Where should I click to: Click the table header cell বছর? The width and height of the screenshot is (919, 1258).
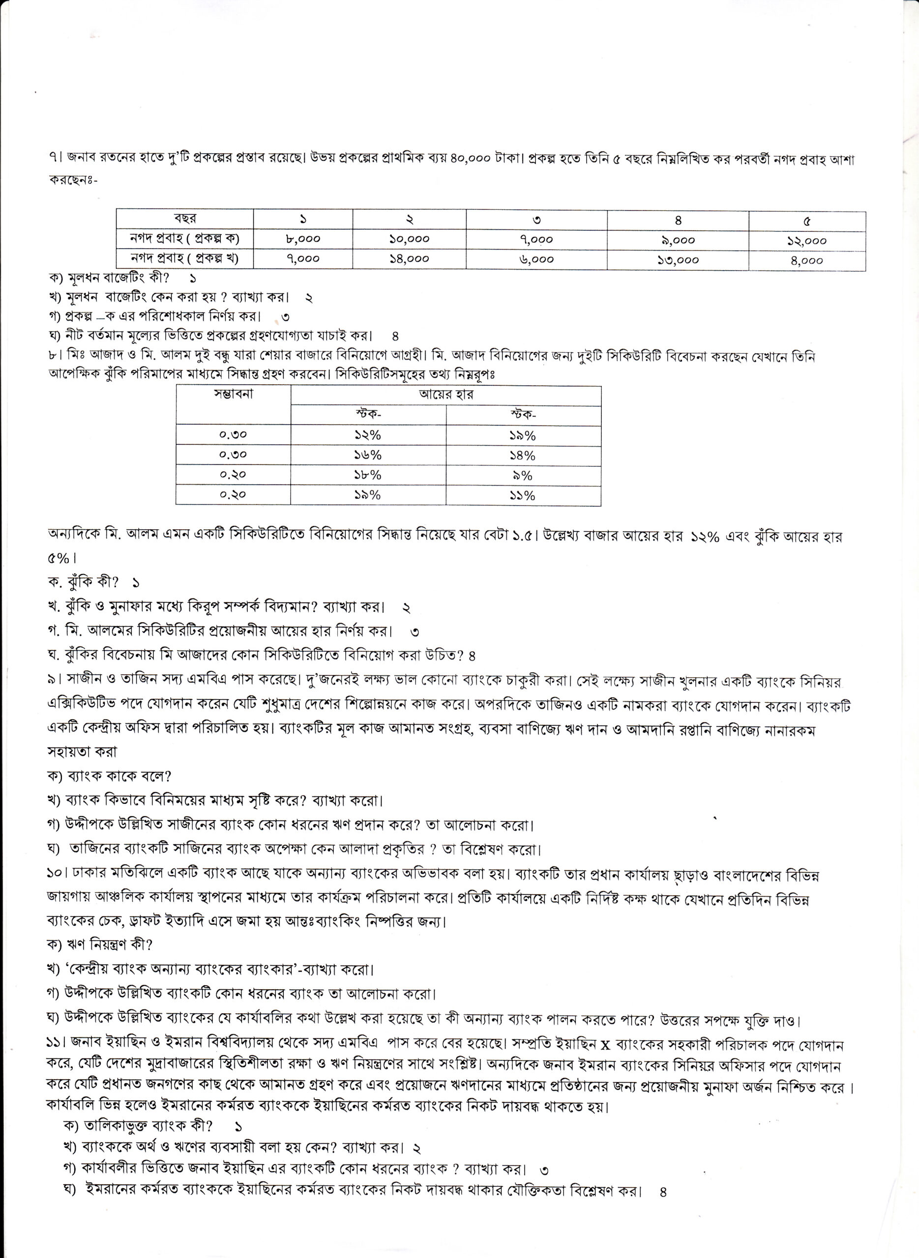(x=184, y=219)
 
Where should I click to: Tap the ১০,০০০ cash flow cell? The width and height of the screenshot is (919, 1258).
(x=409, y=239)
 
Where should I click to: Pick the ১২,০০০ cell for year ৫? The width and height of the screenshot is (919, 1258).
(x=806, y=240)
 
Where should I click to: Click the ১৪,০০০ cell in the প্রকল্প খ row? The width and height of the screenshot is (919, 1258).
(x=409, y=258)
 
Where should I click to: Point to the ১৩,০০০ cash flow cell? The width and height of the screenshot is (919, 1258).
(x=678, y=259)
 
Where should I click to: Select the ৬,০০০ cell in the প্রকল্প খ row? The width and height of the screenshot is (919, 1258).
(x=536, y=259)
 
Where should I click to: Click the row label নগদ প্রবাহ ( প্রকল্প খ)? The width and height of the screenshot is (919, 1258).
(x=184, y=258)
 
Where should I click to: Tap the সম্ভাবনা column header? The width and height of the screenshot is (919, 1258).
(x=233, y=395)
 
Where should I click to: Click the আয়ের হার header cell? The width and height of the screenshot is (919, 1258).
(x=445, y=395)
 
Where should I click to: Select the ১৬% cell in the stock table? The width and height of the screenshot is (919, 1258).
(x=368, y=455)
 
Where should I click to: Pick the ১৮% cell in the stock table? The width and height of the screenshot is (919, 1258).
(x=368, y=475)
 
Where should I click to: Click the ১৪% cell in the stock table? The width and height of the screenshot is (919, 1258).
(x=522, y=456)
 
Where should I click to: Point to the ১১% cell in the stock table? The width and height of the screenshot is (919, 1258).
(x=522, y=495)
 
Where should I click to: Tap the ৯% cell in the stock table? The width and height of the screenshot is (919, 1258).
(x=522, y=476)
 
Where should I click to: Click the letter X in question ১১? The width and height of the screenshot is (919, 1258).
(x=606, y=1046)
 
